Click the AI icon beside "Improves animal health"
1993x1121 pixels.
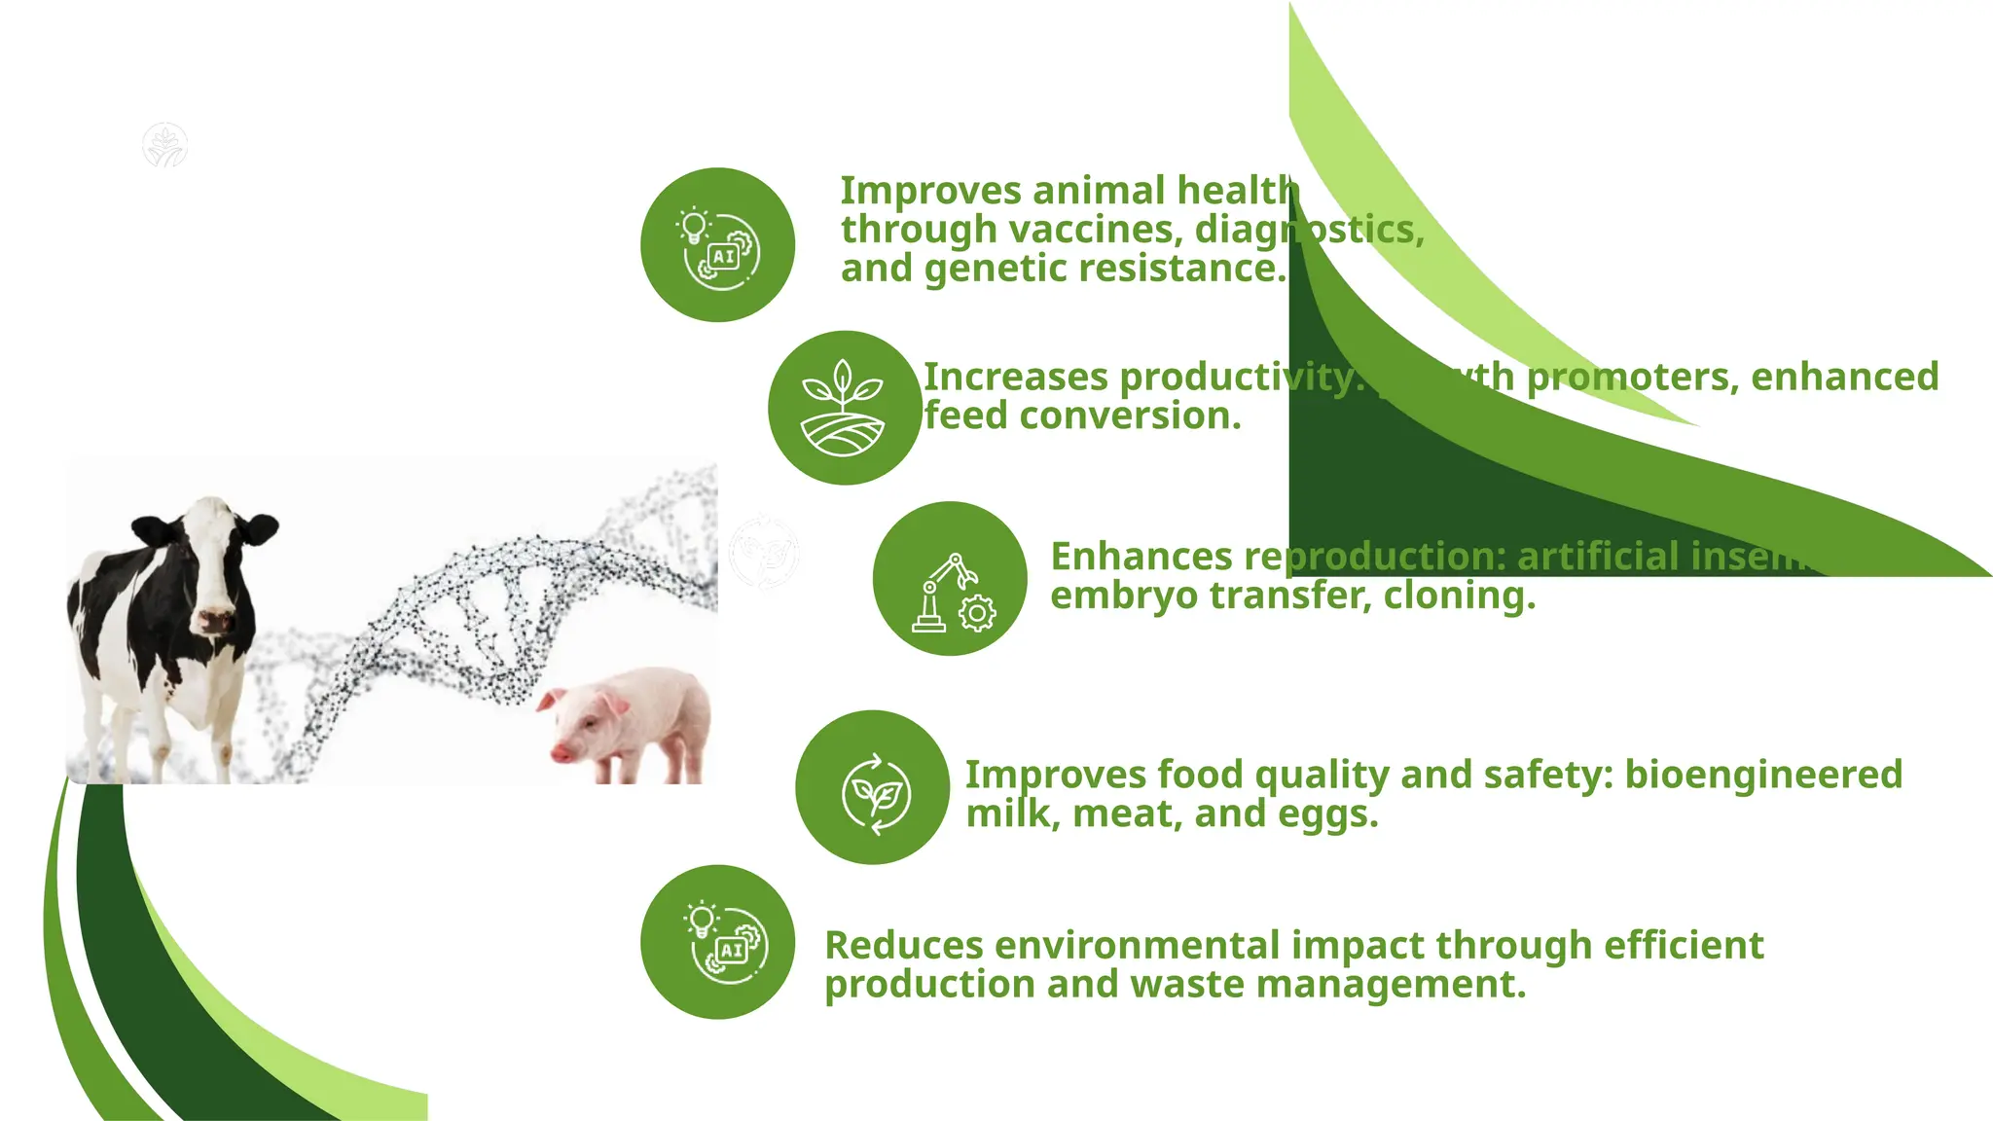point(718,245)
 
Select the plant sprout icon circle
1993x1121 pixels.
point(844,408)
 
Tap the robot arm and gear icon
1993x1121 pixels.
point(950,579)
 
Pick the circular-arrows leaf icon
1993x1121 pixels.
point(873,787)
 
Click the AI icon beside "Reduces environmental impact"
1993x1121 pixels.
point(718,942)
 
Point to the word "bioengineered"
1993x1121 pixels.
point(1763,775)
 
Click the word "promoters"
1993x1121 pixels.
point(1632,378)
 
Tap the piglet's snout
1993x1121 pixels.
point(562,752)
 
